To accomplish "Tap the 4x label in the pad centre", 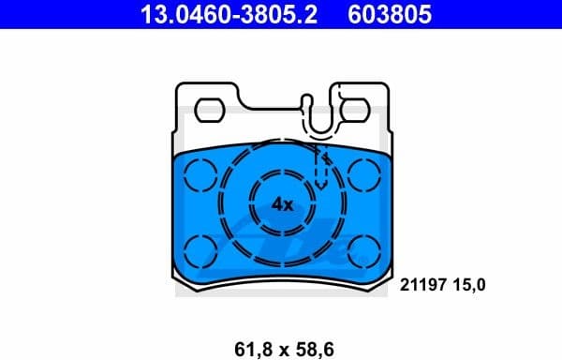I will point(282,203).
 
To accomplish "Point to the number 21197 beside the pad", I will point(426,283).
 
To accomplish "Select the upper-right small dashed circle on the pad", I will point(365,173).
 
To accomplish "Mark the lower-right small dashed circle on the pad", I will point(365,250).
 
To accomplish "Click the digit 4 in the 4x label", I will point(277,203).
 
